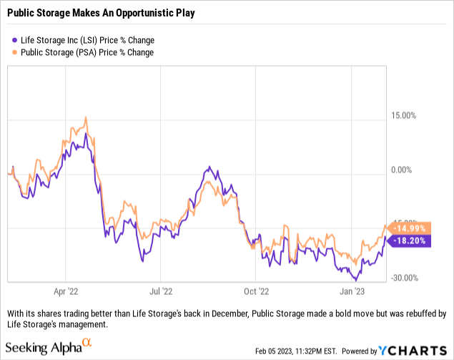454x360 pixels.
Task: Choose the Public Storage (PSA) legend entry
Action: click(x=87, y=52)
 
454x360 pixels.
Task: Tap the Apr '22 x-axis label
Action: click(x=66, y=292)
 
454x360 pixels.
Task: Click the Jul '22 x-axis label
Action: click(x=161, y=292)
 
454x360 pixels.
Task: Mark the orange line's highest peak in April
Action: click(x=86, y=118)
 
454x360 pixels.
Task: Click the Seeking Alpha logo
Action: click(x=49, y=349)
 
